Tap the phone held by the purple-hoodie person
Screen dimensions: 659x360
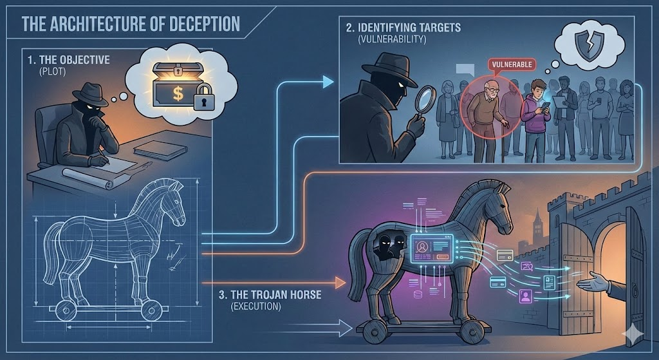[545, 107]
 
